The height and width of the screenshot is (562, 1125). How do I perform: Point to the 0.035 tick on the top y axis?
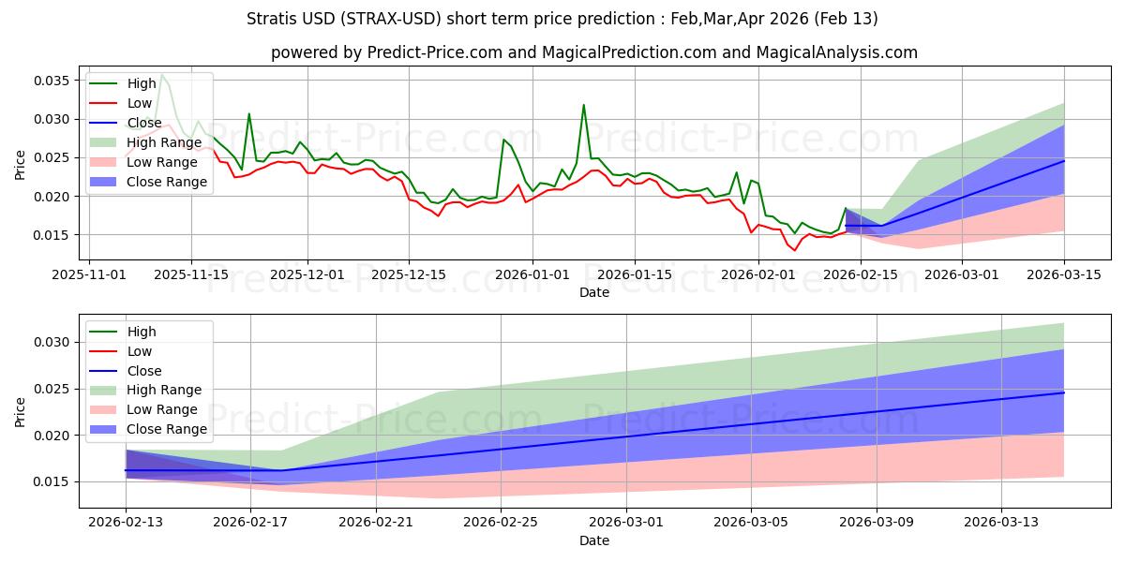tap(52, 81)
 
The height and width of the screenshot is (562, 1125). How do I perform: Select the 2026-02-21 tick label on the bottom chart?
tap(376, 522)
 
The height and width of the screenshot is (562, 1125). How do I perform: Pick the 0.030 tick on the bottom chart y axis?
tap(52, 342)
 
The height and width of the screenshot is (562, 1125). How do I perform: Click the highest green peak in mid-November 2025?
tap(161, 74)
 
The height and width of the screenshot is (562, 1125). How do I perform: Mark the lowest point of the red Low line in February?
tap(795, 250)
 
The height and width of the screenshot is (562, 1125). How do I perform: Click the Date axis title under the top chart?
tap(593, 292)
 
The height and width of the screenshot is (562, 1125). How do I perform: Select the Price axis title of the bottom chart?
tap(21, 411)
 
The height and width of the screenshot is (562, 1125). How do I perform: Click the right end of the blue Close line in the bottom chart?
tap(1064, 392)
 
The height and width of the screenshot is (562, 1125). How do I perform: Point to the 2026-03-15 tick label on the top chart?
tap(1064, 274)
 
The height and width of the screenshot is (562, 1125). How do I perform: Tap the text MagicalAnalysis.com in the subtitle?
tap(844, 53)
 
